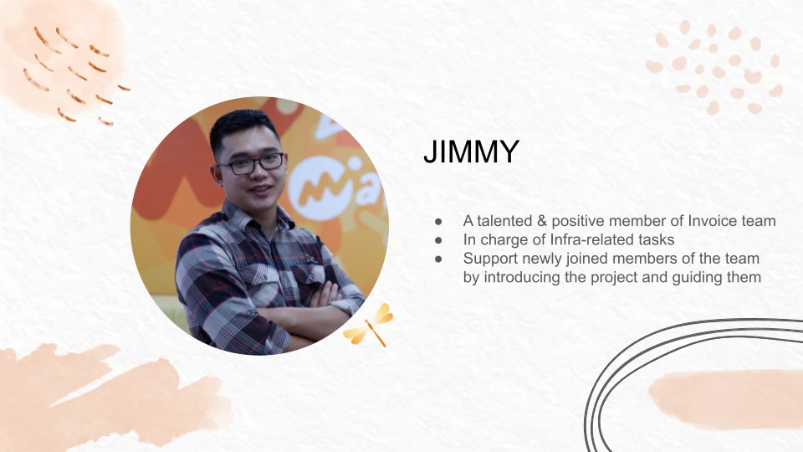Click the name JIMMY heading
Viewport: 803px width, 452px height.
coord(471,152)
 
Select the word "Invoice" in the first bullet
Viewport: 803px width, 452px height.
coord(713,221)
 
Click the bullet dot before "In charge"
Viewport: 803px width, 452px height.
coord(438,240)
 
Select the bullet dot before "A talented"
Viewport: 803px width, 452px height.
coord(438,221)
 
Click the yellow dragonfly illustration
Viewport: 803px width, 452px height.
coord(370,325)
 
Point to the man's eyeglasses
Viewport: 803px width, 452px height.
coord(252,163)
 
